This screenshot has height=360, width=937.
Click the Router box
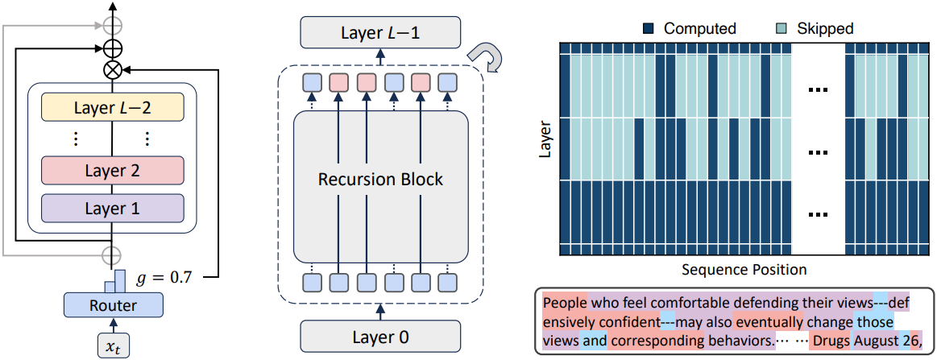[x=113, y=306]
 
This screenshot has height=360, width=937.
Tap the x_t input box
[x=113, y=345]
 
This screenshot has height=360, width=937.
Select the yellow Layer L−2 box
[x=112, y=108]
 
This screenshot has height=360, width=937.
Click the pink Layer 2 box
[x=112, y=172]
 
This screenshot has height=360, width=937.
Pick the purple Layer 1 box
[x=112, y=209]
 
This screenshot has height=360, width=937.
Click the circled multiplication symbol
[x=113, y=69]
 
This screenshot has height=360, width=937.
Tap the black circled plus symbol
[x=113, y=47]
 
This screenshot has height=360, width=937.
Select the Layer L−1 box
[x=380, y=32]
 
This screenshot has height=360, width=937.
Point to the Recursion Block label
[x=380, y=179]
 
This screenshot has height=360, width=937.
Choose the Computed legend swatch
[x=649, y=28]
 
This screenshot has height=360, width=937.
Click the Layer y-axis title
[x=545, y=139]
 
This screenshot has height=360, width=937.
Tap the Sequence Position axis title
[x=744, y=269]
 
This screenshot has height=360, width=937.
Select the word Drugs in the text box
[x=831, y=341]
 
